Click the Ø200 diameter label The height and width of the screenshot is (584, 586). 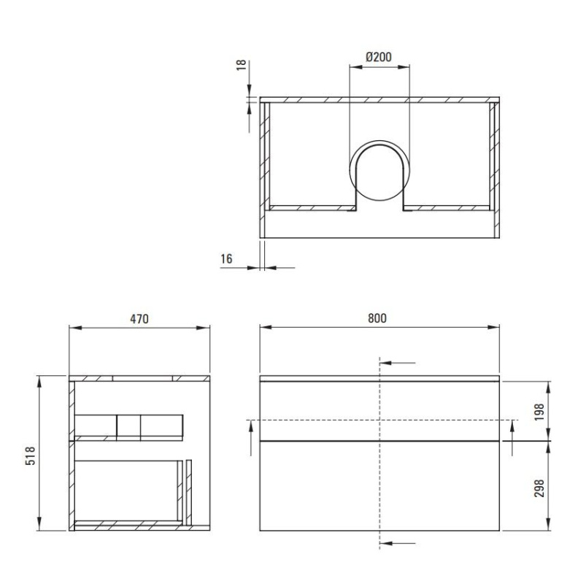click(x=379, y=57)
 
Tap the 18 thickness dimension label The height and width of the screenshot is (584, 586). click(x=242, y=65)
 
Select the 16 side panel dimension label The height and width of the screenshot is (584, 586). click(x=226, y=258)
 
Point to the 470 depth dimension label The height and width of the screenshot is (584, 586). click(x=139, y=319)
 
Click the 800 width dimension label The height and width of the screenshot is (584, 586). click(x=377, y=318)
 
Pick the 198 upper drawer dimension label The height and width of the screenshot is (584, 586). click(x=539, y=412)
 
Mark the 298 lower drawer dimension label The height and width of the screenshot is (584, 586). click(x=539, y=488)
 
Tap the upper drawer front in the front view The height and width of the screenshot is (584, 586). click(x=379, y=411)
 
